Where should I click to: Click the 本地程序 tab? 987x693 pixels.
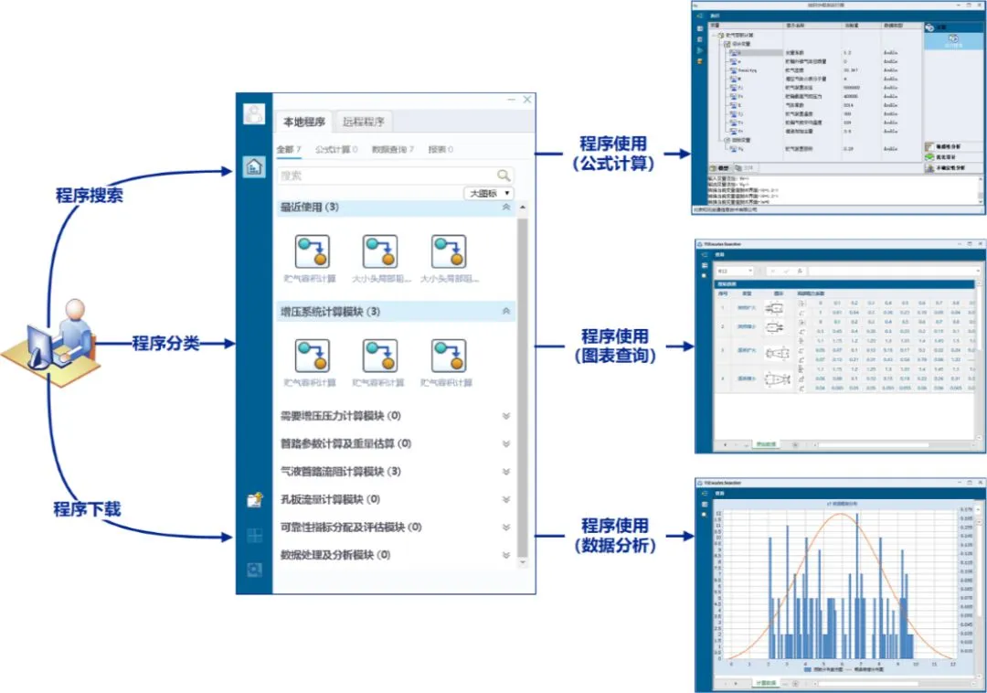coord(303,122)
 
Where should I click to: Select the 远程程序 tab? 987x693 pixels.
coord(364,122)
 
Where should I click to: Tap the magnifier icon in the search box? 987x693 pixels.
coord(504,175)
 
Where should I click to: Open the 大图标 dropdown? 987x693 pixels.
coord(490,194)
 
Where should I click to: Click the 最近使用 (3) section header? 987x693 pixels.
coord(310,208)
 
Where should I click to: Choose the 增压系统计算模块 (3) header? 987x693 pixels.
coord(330,312)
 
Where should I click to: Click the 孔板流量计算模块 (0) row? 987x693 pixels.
coord(330,499)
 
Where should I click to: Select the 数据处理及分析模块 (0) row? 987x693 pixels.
coord(334,555)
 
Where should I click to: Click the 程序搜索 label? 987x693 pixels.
coord(89,196)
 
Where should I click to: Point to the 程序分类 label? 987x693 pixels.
coord(165,344)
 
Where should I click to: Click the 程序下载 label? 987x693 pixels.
coord(87,509)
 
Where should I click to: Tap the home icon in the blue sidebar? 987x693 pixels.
coord(253,166)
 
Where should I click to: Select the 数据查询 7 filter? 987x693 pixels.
coord(393,149)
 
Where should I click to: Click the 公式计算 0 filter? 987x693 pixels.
coord(336,149)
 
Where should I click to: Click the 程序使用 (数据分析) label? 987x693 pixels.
coord(614,535)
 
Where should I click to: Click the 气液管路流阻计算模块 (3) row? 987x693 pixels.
coord(340,472)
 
